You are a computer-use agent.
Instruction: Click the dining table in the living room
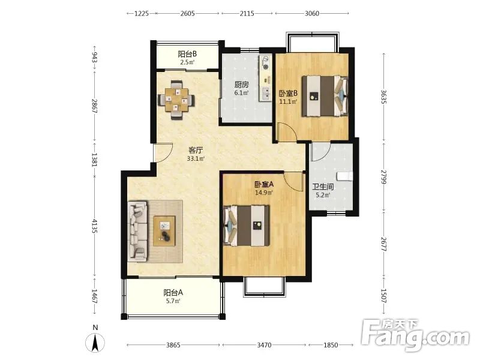(x=176, y=100)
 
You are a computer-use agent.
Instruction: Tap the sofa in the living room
(x=137, y=232)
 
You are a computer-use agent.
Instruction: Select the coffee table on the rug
(x=164, y=231)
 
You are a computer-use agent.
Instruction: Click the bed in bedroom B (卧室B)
(x=325, y=96)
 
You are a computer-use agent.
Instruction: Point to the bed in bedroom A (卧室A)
(x=247, y=226)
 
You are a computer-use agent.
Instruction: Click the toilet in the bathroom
(x=345, y=176)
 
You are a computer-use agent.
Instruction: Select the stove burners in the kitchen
(x=266, y=62)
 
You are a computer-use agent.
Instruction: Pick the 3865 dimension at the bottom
(x=173, y=345)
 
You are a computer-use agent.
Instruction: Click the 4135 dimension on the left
(x=94, y=226)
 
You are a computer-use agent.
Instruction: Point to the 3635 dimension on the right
(x=384, y=97)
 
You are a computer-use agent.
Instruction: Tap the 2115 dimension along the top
(x=247, y=13)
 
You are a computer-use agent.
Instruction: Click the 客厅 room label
(x=196, y=150)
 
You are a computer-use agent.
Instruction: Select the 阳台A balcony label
(x=173, y=293)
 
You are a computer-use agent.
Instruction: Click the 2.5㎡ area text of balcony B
(x=187, y=62)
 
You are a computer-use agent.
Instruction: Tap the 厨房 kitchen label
(x=242, y=85)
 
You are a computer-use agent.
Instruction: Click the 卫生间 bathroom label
(x=323, y=187)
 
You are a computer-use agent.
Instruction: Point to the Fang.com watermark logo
(x=415, y=335)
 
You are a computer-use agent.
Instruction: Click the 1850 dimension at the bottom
(x=331, y=345)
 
